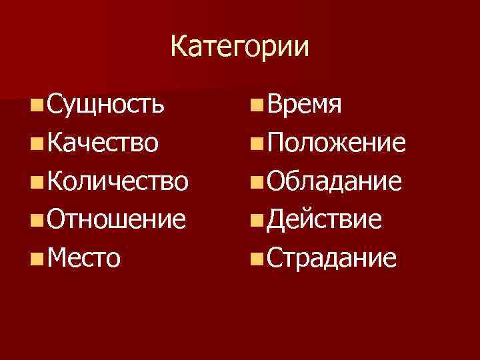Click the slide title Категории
[x=240, y=47]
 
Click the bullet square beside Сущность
[x=37, y=105]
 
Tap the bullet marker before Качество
[x=37, y=143]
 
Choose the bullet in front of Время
[x=257, y=105]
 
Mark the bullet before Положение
[x=257, y=143]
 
